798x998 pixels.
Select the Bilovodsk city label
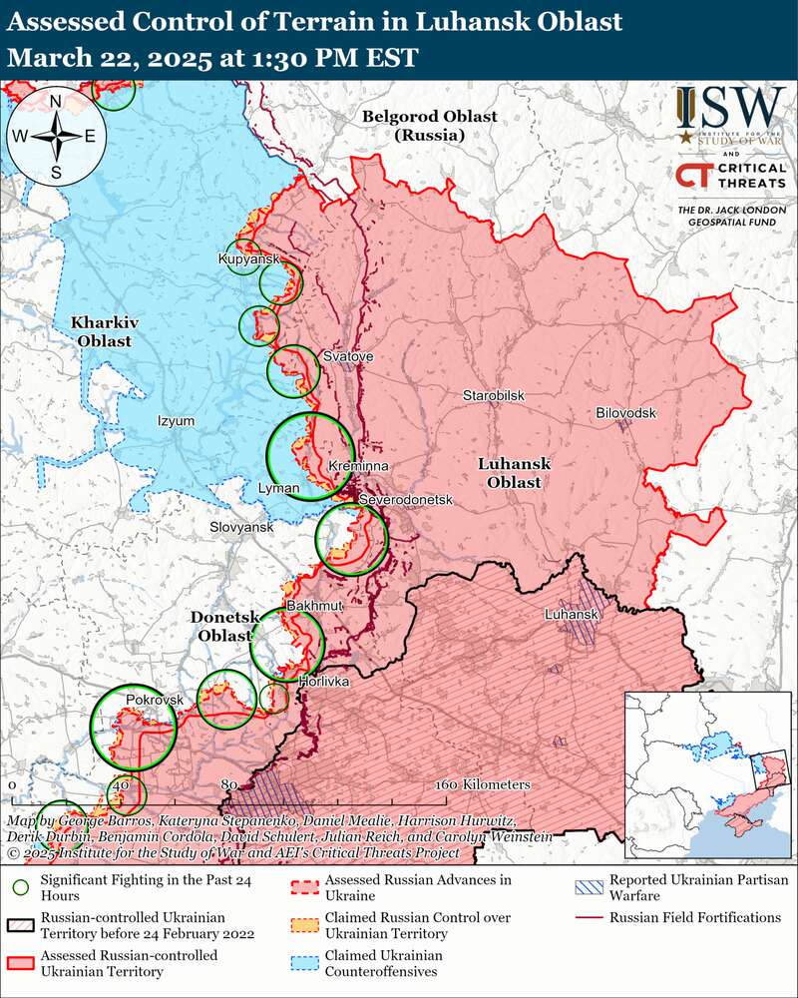(625, 412)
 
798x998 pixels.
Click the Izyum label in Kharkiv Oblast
(176, 421)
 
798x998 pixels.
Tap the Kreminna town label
(358, 466)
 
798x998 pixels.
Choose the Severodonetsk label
(405, 498)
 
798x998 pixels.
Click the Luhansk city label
(570, 615)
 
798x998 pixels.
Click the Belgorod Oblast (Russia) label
(429, 125)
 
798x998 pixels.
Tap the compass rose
(57, 137)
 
